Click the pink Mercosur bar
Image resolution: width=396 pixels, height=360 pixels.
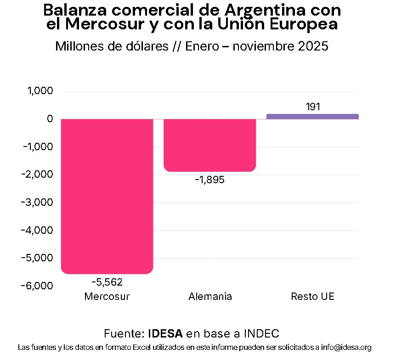(x=107, y=196)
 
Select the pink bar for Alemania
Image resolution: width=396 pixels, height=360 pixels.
(x=209, y=145)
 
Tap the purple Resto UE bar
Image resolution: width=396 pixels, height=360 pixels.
(x=312, y=117)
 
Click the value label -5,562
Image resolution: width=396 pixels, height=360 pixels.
(x=107, y=282)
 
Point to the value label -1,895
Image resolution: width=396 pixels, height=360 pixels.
(x=209, y=180)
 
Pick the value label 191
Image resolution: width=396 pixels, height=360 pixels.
(x=312, y=107)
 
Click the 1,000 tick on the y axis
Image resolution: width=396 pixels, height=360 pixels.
(x=40, y=91)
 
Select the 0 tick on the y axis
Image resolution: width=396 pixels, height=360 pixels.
(x=50, y=119)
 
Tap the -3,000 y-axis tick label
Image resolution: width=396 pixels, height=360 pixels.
(x=38, y=202)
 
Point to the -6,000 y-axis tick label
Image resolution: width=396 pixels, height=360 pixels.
(x=38, y=286)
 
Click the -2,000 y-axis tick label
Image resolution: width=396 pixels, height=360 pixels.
(x=38, y=174)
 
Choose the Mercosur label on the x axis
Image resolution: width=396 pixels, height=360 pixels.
(x=107, y=297)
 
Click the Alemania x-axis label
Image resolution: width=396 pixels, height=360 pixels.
(x=210, y=297)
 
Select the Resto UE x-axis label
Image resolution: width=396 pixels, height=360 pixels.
(x=312, y=297)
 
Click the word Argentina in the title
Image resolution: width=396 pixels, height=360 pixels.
(x=265, y=10)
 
